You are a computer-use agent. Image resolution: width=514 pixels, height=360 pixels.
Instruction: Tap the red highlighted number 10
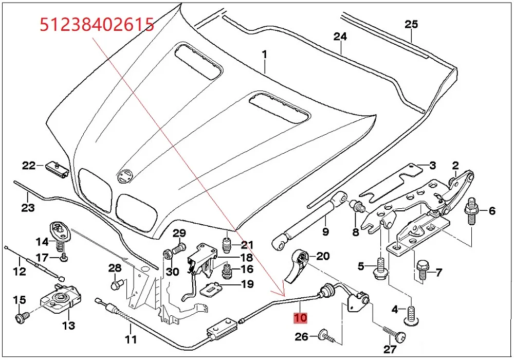(x=300, y=318)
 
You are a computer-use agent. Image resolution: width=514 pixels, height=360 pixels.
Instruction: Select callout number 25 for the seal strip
(x=411, y=24)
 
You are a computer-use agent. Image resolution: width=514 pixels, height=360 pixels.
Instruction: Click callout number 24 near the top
(x=340, y=37)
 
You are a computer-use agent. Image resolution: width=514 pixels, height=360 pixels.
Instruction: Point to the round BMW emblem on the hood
(x=124, y=176)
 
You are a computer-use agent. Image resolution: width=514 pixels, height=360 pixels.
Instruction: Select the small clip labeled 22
(x=57, y=168)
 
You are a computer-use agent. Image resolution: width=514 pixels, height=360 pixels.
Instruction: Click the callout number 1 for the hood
(x=265, y=53)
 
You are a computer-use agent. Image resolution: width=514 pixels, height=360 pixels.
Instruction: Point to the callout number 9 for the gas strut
(x=325, y=232)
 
